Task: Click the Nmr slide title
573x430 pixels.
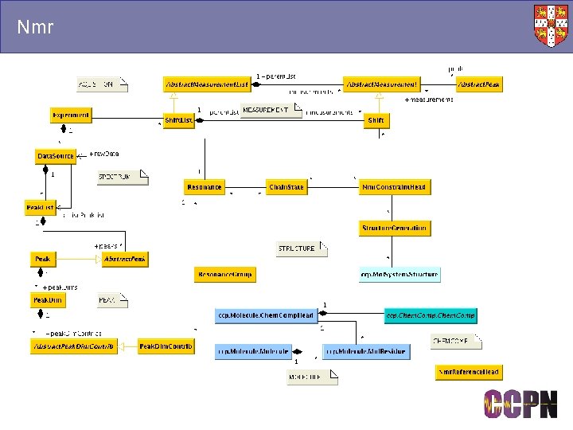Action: coord(35,28)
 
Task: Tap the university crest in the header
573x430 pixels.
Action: coord(552,25)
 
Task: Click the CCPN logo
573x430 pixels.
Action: coord(521,404)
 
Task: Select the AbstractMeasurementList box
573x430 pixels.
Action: coord(207,84)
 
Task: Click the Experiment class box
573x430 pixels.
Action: coord(71,115)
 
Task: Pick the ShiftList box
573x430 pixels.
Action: coord(179,120)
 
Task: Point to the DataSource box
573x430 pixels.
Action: coord(56,156)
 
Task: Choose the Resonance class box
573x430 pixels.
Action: coord(205,187)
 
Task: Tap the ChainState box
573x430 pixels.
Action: coord(287,187)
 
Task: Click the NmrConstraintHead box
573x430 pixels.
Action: coord(394,187)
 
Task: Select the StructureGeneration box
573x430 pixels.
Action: coord(395,229)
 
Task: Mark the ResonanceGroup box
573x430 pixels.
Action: coord(224,275)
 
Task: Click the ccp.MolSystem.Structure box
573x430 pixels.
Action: coord(399,275)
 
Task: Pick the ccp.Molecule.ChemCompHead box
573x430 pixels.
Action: coord(265,316)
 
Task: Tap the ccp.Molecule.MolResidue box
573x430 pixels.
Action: coord(365,350)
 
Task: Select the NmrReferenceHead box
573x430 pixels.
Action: coord(469,372)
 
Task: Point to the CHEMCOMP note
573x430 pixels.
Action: coord(455,342)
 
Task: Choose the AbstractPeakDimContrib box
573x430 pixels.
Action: coord(73,347)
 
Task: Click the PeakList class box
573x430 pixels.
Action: coord(40,208)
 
